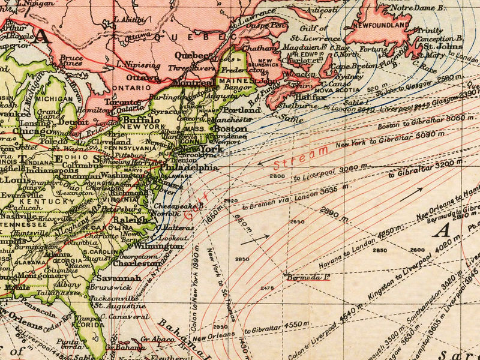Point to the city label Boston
[x=230, y=128]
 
